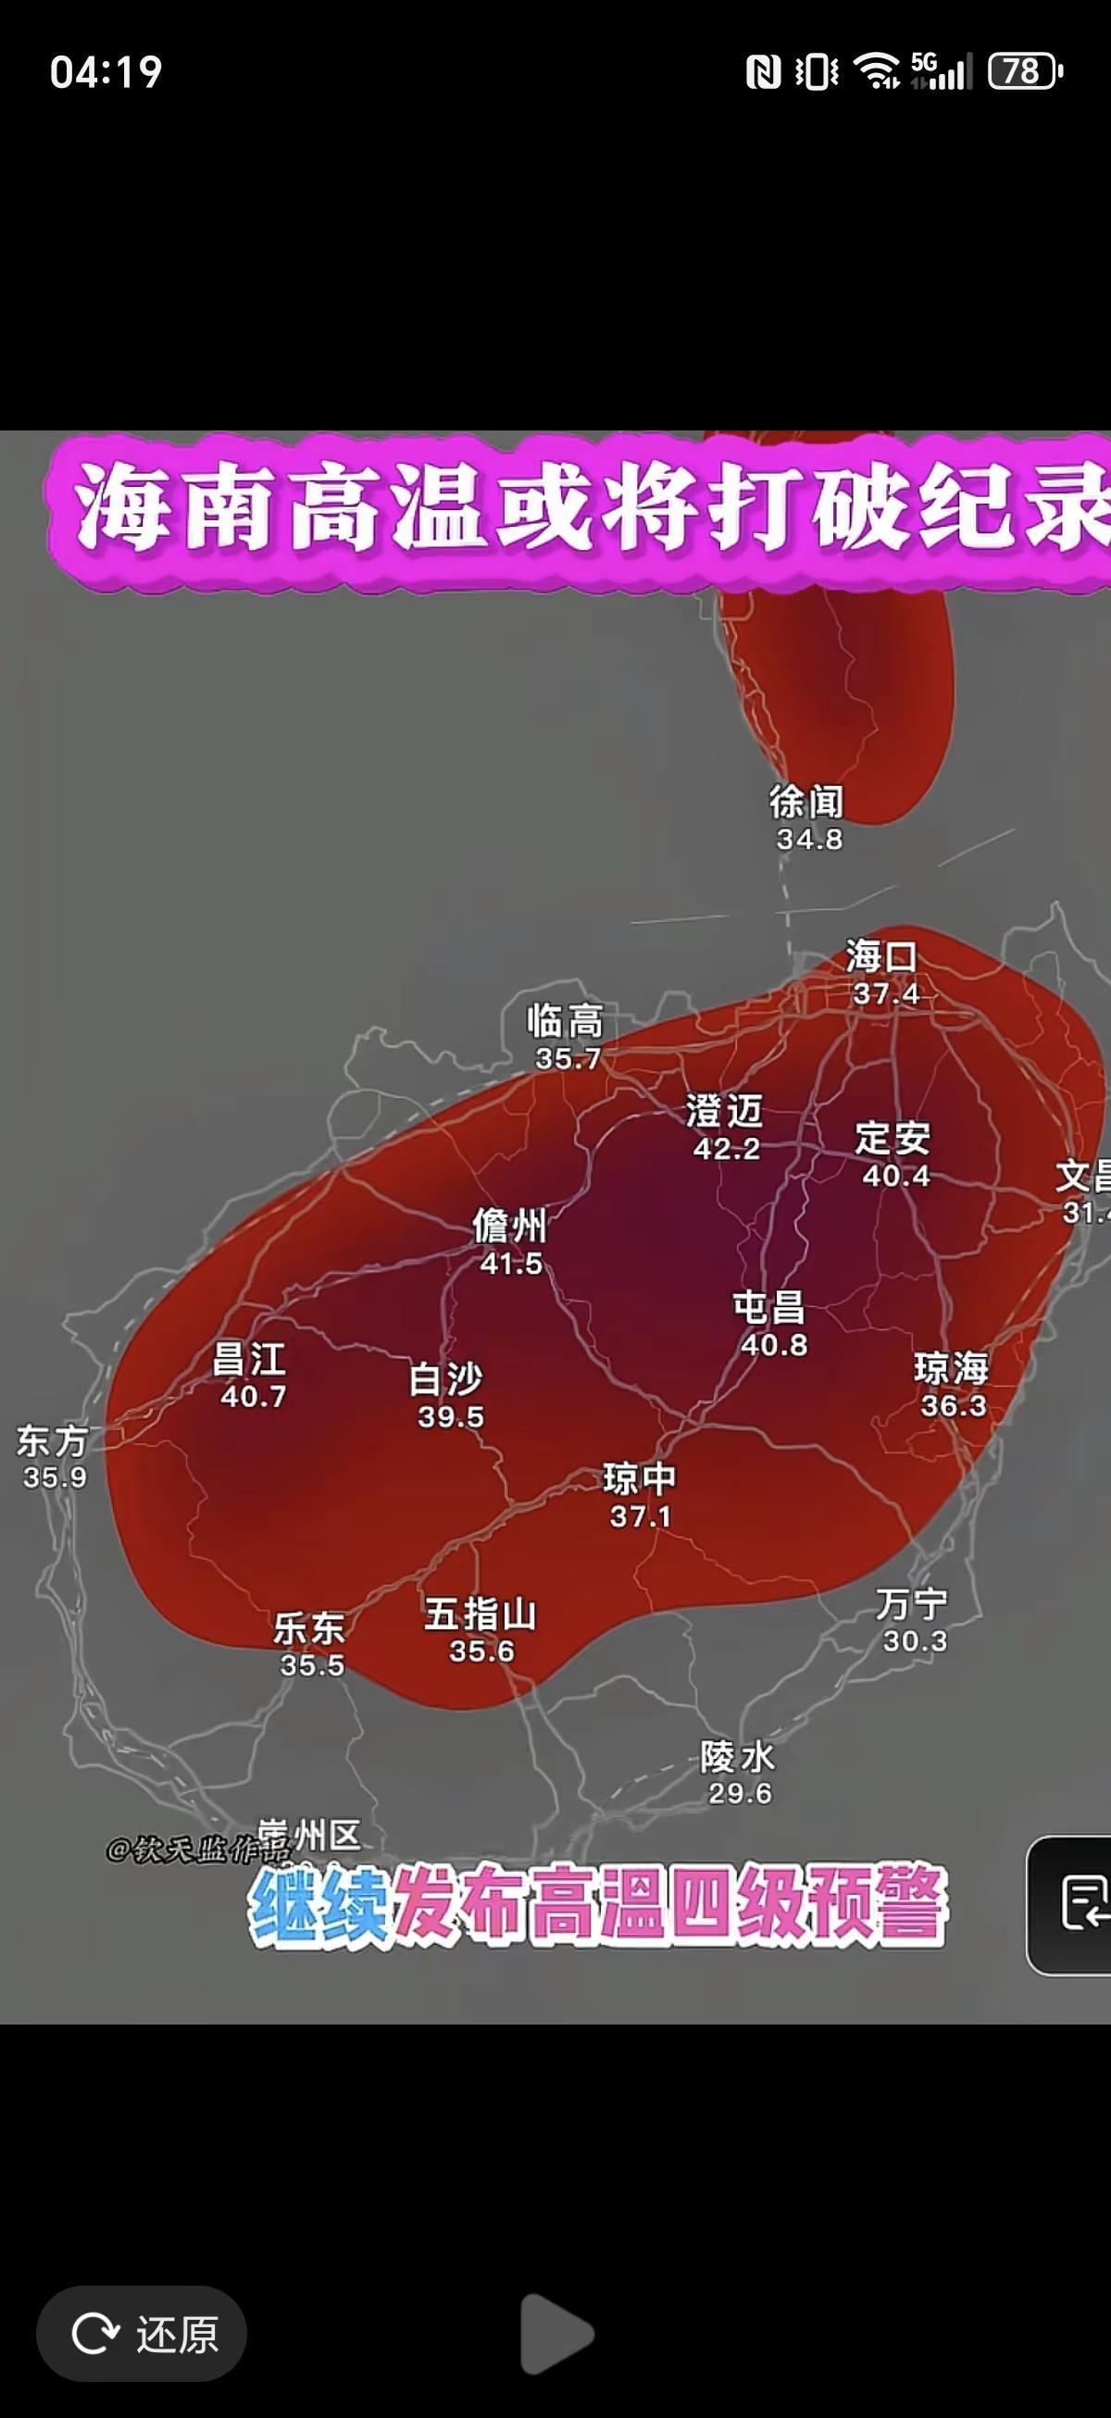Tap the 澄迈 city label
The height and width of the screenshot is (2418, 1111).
pos(724,1113)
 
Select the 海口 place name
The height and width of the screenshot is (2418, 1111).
pos(880,957)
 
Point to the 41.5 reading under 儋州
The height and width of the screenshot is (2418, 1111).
pos(511,1264)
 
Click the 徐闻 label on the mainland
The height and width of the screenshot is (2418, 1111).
pos(806,802)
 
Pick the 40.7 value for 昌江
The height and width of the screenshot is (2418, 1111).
pos(254,1397)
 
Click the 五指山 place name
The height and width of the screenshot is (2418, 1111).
pos(480,1614)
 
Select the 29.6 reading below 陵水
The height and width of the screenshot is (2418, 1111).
pos(740,1794)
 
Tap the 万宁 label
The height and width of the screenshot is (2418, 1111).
pos(912,1604)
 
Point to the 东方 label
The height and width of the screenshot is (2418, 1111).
pos(53,1440)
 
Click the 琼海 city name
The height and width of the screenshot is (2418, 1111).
pos(952,1368)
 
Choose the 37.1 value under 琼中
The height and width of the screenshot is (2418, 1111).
pos(641,1516)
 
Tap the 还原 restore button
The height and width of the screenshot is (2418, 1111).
pos(142,2334)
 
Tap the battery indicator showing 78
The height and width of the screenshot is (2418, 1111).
pos(1024,71)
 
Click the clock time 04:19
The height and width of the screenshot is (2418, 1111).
pos(106,72)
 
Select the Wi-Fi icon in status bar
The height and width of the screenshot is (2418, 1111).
pos(876,71)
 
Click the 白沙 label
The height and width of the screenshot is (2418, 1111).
pos(446,1380)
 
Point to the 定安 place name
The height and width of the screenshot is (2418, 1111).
pos(893,1139)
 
